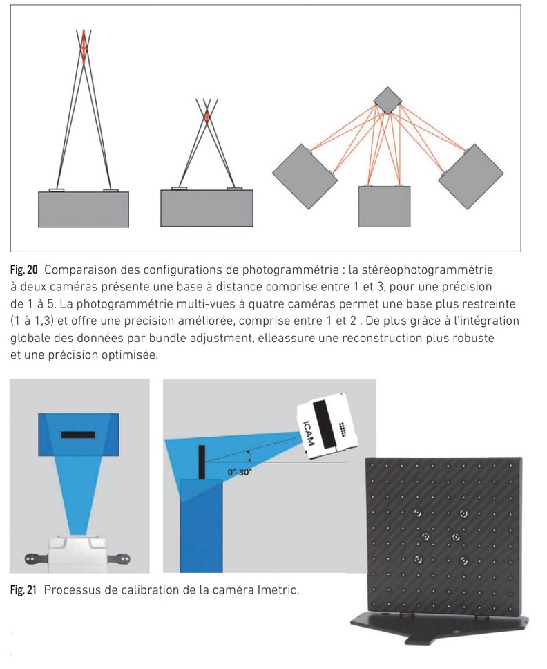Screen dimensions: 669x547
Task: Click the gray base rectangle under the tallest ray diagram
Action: click(x=84, y=209)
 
